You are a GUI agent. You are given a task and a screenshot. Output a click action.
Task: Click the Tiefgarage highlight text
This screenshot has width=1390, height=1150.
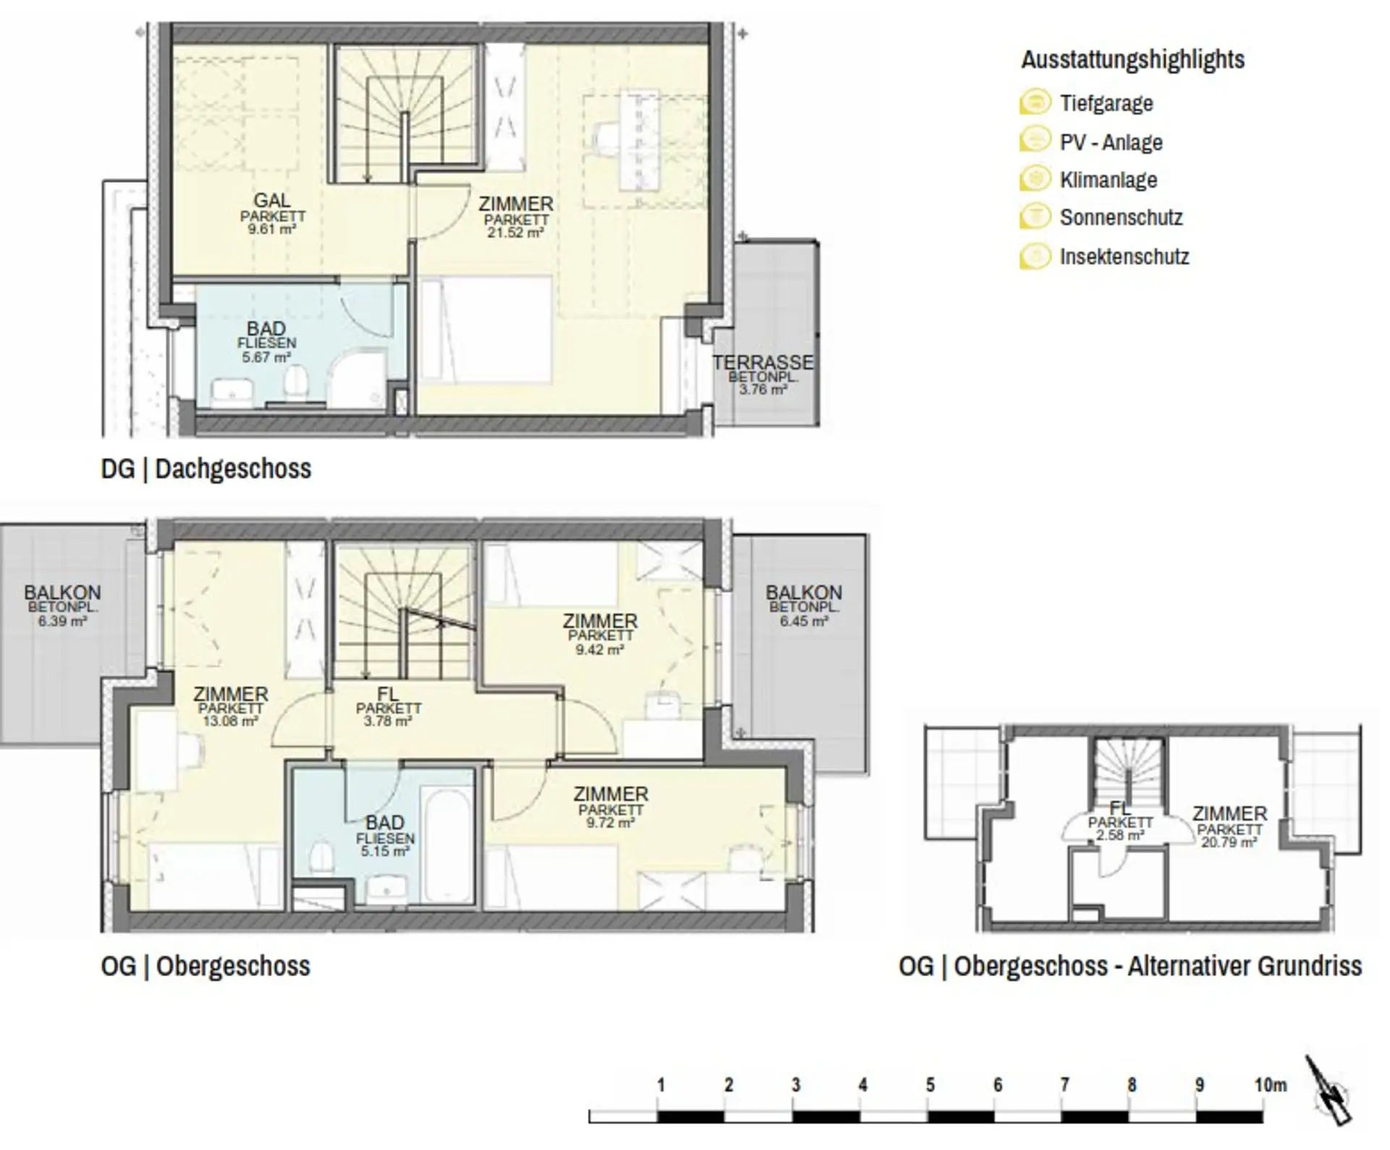(x=1106, y=104)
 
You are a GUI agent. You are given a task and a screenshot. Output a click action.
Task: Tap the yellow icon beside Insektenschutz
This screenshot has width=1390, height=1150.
(x=1035, y=256)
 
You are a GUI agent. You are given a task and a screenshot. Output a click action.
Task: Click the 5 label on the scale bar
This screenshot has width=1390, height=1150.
(x=930, y=1085)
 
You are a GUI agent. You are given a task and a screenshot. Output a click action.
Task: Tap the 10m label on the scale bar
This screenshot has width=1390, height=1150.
(x=1271, y=1085)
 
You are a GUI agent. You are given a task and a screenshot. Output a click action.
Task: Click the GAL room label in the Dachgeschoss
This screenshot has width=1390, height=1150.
(x=271, y=201)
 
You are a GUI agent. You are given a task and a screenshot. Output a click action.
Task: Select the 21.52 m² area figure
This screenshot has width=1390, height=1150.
(x=515, y=233)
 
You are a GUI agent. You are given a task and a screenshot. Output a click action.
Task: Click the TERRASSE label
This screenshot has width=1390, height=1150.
(x=762, y=363)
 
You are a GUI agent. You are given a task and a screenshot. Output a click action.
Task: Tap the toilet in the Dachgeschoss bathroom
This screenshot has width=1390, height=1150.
(x=295, y=382)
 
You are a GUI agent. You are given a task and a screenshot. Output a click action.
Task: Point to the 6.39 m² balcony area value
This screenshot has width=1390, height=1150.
(x=63, y=621)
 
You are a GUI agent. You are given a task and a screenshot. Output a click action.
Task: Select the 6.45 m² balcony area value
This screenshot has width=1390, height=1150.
(x=804, y=621)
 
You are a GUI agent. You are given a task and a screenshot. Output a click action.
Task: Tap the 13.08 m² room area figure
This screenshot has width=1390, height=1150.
(x=230, y=721)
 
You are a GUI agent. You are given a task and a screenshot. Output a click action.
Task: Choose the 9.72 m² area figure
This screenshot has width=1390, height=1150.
(x=610, y=823)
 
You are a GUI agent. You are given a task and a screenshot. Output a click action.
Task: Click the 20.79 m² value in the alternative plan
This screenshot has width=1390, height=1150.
(x=1229, y=843)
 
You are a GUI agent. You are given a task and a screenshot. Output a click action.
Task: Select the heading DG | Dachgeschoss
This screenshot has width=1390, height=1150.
(x=206, y=469)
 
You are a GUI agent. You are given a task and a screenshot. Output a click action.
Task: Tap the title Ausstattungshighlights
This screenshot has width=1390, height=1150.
(x=1133, y=59)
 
